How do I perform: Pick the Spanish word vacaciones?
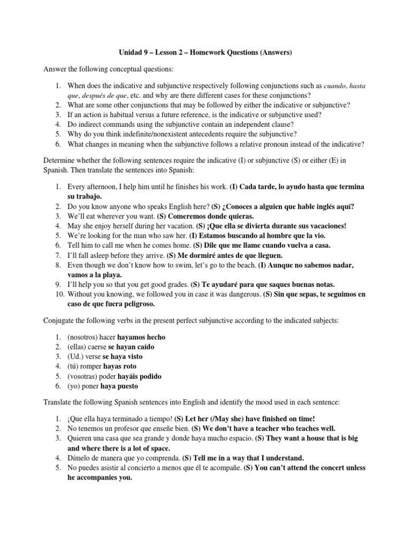point(324,226)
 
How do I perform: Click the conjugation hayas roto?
point(120,367)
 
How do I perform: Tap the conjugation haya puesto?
point(125,386)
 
